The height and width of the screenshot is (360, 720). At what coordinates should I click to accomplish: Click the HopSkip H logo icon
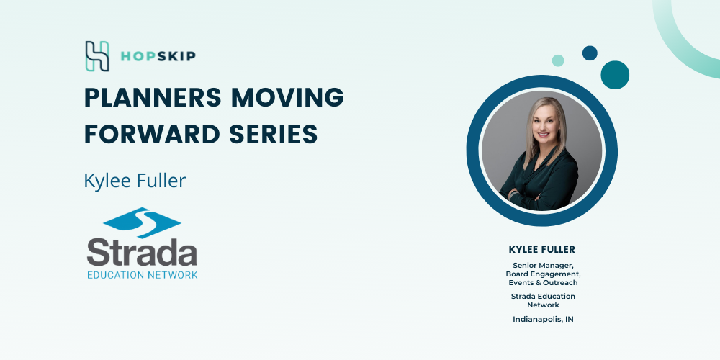pos(97,56)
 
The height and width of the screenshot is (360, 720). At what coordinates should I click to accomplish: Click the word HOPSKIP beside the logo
pos(158,56)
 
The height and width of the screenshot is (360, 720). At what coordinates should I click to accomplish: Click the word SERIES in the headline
pos(274,135)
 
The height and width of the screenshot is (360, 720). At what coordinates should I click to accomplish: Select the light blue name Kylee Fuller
pos(135,181)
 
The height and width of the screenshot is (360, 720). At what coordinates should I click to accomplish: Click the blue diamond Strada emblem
pos(142,222)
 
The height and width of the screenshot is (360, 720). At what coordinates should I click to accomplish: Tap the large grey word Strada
pos(142,253)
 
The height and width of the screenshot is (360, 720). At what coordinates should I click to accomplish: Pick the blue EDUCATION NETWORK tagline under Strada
pos(143,275)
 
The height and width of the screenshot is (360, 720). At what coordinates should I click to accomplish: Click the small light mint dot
pos(558,60)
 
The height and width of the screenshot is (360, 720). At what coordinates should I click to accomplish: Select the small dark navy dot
pos(590,53)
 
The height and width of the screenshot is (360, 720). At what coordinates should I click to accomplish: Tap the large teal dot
pos(615,75)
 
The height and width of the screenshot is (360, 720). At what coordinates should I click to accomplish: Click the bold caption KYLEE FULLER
pos(542,250)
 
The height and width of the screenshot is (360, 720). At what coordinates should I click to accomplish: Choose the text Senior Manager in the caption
pos(543,266)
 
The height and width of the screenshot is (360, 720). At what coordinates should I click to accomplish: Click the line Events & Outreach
pos(543,283)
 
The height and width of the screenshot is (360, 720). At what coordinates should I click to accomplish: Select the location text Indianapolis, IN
pos(543,320)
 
